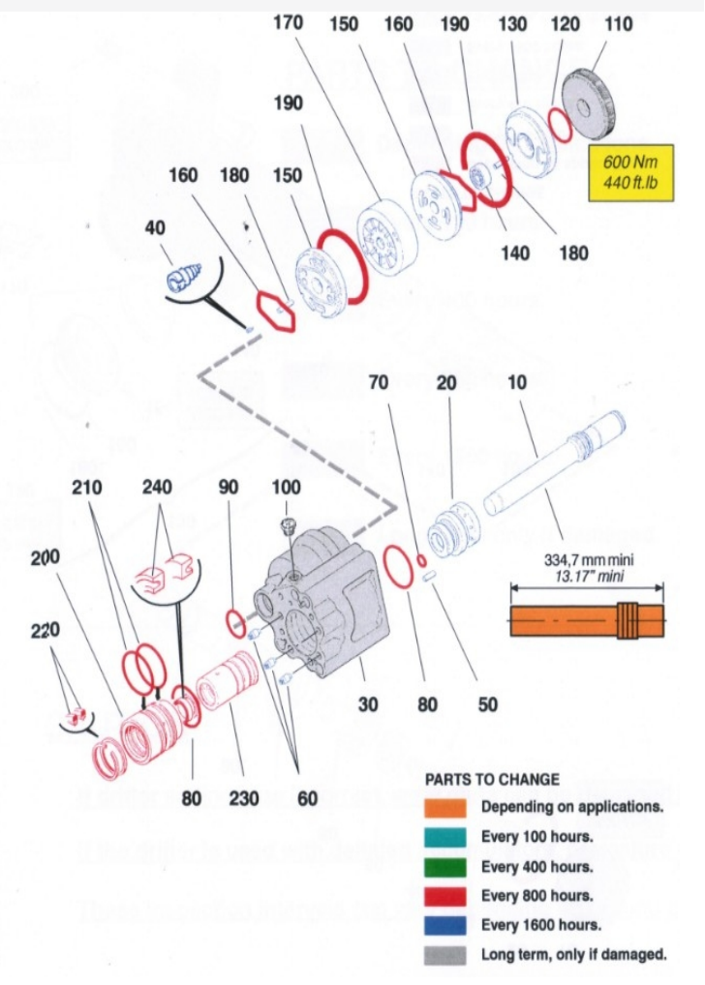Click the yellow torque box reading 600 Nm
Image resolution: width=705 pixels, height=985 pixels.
tap(630, 171)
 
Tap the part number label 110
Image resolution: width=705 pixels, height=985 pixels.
tap(619, 24)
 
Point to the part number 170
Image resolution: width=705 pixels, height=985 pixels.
tap(288, 23)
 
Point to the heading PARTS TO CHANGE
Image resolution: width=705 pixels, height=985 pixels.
tap(492, 779)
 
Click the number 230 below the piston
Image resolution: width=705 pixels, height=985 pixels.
tap(244, 798)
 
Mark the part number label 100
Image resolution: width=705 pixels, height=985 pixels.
tap(287, 487)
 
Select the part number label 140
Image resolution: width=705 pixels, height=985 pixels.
tap(515, 253)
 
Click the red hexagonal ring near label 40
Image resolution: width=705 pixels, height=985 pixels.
tap(273, 310)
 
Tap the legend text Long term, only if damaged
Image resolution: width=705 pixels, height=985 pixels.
tap(573, 955)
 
